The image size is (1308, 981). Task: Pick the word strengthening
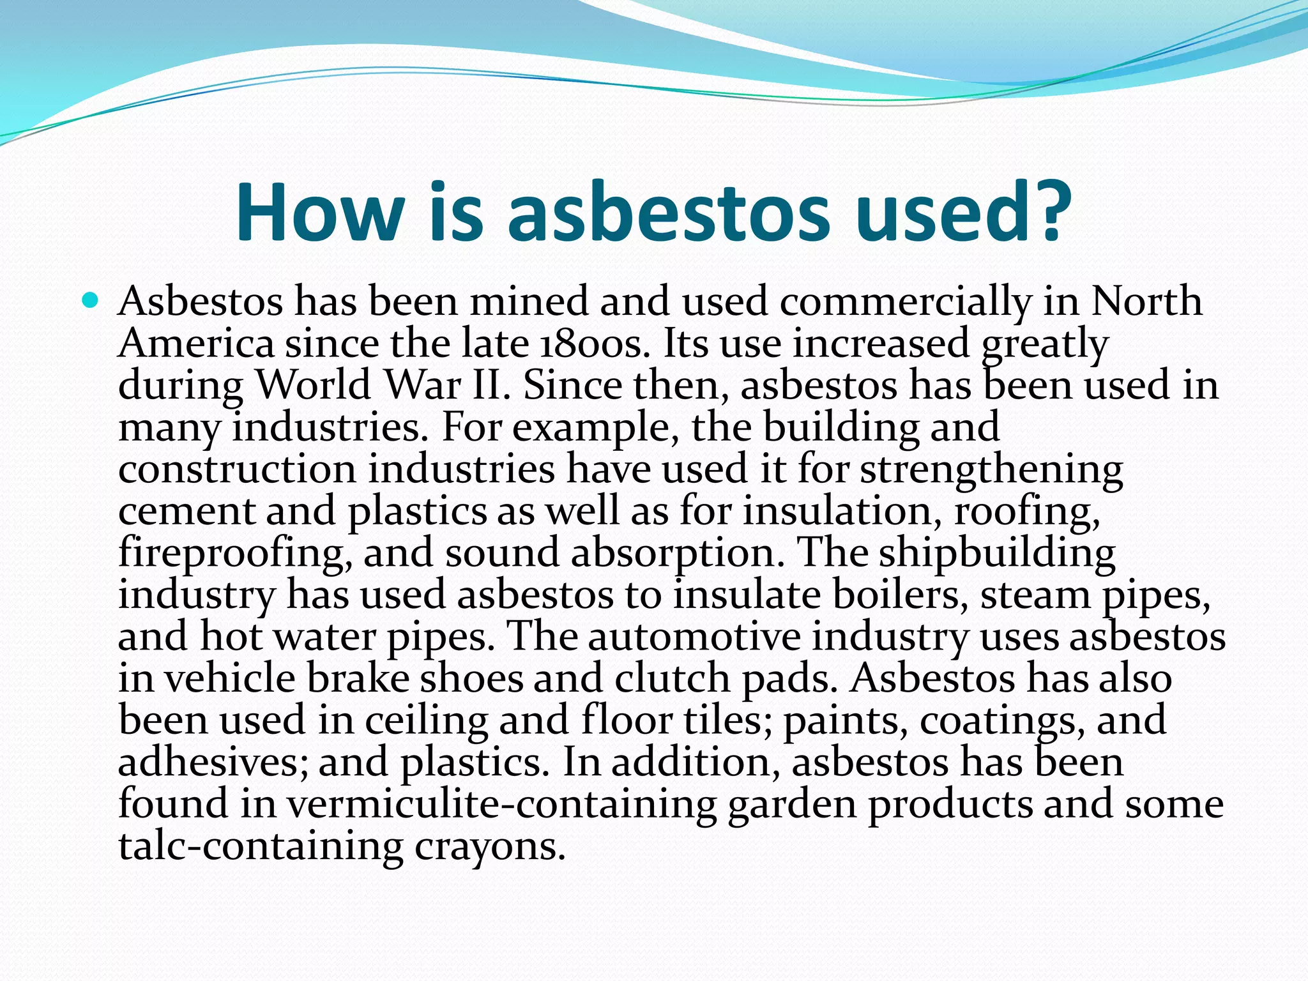tap(991, 471)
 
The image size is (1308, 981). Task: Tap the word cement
tap(186, 512)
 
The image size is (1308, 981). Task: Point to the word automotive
tap(694, 637)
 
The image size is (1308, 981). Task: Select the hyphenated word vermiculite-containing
tap(501, 805)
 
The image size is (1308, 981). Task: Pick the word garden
tap(792, 805)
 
